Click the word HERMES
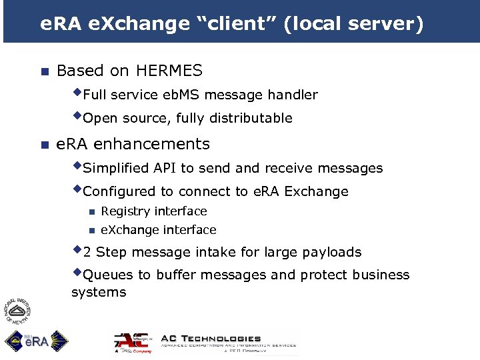(x=169, y=71)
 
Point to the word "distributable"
(x=251, y=119)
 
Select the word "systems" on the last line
(x=99, y=292)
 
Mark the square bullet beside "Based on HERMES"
(x=44, y=71)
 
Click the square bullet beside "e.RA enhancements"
(x=44, y=145)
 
